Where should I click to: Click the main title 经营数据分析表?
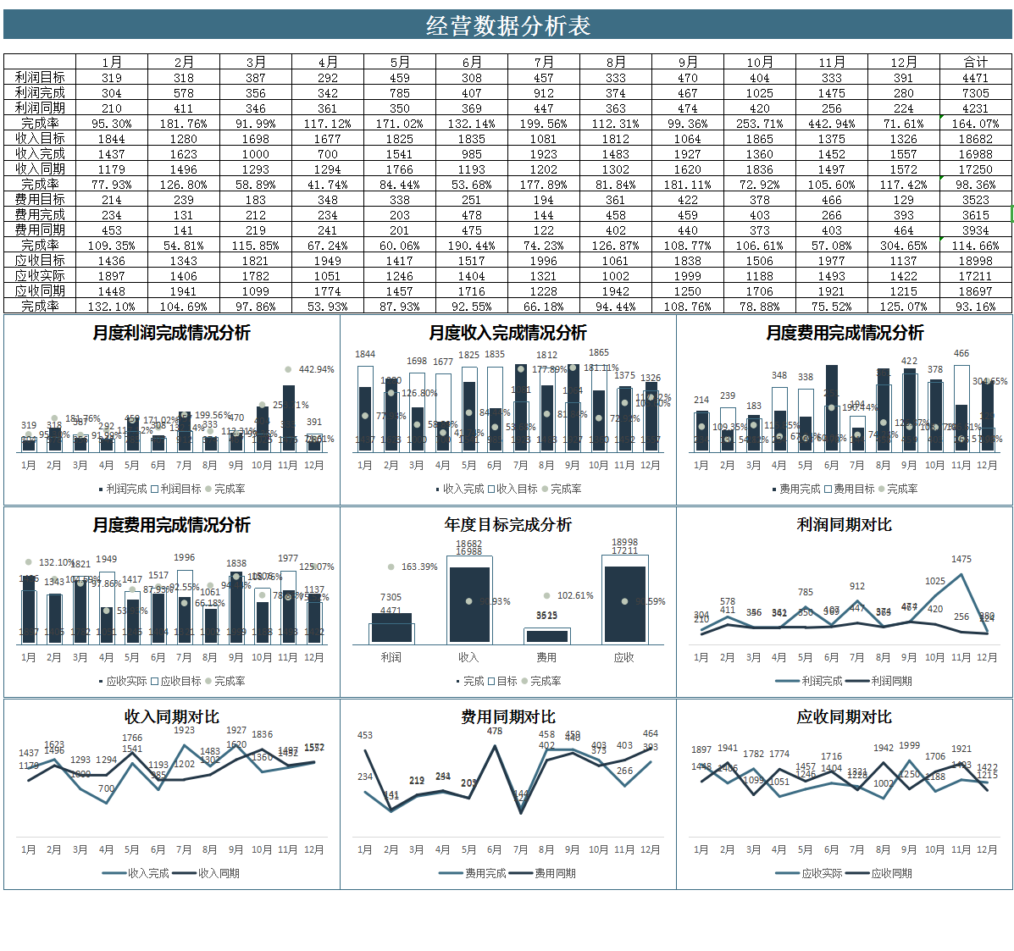click(507, 25)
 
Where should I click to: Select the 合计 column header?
click(975, 62)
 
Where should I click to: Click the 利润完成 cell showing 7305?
click(975, 92)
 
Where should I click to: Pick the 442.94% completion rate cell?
click(831, 123)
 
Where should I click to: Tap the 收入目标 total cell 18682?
click(975, 138)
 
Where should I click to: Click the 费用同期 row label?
click(40, 229)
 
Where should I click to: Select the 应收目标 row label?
click(40, 260)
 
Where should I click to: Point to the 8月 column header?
click(615, 62)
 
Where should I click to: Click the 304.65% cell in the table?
click(903, 245)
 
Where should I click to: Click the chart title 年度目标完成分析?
click(507, 524)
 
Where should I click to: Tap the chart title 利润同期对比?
click(844, 524)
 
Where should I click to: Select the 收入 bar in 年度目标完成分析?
click(468, 605)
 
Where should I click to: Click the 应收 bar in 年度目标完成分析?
click(624, 605)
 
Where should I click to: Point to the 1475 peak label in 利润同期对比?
click(961, 559)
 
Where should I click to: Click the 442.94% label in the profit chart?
click(316, 369)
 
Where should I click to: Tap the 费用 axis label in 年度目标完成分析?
click(546, 657)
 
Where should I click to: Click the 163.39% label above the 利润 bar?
click(418, 567)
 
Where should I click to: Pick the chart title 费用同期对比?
click(507, 716)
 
